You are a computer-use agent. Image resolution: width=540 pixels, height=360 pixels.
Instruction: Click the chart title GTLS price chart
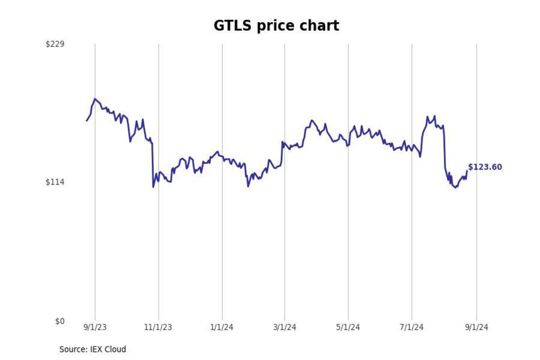[x=276, y=26]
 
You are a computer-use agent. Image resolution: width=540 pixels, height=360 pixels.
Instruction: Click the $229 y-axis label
[x=55, y=44]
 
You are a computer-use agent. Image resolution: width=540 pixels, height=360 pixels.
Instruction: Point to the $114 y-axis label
[x=55, y=182]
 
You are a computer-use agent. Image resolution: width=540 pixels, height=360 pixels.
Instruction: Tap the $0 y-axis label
[x=60, y=321]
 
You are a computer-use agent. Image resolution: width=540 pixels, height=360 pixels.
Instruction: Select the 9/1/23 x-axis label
[x=95, y=327]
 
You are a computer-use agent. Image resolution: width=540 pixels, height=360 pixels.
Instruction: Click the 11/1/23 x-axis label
[x=158, y=327]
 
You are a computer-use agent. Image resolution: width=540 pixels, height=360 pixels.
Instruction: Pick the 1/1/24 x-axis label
[x=222, y=327]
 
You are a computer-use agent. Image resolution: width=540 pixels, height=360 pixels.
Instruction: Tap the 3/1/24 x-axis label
[x=285, y=327]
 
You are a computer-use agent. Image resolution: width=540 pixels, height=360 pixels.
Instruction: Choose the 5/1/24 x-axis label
[x=348, y=327]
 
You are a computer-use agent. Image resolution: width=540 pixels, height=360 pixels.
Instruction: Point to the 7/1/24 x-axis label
[x=411, y=327]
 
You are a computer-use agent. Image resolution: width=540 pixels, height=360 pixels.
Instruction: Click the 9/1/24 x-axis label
[x=477, y=327]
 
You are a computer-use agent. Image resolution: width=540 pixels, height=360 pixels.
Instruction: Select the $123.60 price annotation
[x=485, y=167]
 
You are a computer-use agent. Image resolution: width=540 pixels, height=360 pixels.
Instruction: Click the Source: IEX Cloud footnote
[x=93, y=349]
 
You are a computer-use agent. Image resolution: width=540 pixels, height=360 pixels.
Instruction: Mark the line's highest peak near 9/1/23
[x=95, y=99]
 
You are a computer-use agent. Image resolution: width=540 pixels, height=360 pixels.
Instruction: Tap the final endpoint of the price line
[x=467, y=171]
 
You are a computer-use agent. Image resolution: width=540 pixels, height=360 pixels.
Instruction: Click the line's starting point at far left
[x=87, y=121]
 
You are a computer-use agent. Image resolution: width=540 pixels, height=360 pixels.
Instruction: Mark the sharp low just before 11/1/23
[x=153, y=187]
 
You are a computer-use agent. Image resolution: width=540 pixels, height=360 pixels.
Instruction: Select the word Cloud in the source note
[x=115, y=349]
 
